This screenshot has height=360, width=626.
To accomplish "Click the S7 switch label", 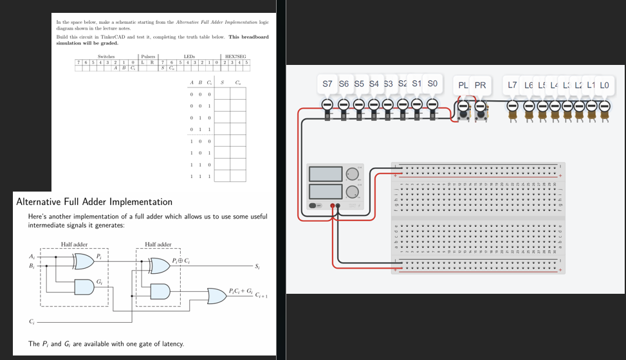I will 327,84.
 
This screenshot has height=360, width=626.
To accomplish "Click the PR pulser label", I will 480,85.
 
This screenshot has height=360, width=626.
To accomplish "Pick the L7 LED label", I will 512,85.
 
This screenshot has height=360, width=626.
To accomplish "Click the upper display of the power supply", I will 326,174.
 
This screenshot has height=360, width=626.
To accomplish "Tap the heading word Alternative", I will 40,202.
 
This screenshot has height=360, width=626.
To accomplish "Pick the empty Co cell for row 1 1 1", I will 238,176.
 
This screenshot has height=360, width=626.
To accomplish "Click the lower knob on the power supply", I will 351,192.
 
